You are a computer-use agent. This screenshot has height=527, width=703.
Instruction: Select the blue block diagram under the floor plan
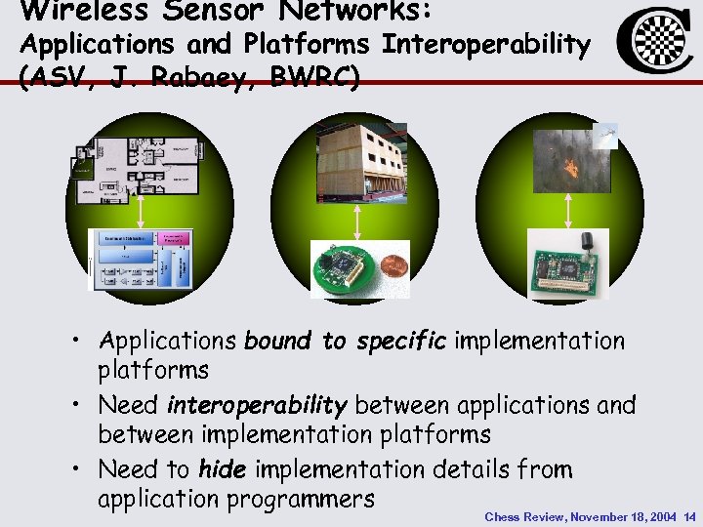[x=142, y=260]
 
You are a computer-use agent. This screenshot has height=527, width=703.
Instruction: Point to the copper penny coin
[x=388, y=271]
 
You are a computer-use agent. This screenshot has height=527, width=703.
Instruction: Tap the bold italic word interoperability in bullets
[x=257, y=404]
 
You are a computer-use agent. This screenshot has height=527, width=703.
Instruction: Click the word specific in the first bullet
[x=400, y=341]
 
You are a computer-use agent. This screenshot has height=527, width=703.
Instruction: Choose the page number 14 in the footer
[x=690, y=516]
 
